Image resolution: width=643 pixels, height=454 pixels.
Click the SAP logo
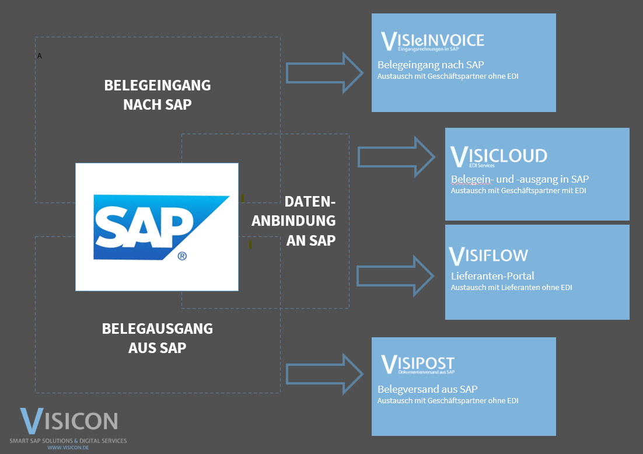(156, 226)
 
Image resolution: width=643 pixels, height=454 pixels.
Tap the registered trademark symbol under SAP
(182, 256)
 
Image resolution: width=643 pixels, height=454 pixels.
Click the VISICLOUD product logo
(499, 156)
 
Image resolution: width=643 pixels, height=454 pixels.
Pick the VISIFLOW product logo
(488, 256)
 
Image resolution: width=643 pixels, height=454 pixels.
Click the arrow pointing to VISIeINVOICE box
(324, 72)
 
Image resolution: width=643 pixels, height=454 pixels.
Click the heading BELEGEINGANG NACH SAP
(158, 95)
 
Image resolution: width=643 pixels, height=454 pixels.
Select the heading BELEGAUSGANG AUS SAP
(158, 338)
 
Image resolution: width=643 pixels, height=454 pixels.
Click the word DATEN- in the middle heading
(310, 202)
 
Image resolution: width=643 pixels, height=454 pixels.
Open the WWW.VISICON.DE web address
(68, 448)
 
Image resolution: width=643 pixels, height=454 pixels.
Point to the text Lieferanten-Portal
(492, 276)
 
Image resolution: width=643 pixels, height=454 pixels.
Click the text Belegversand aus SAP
(428, 389)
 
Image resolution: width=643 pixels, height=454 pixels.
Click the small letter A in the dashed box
(40, 56)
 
